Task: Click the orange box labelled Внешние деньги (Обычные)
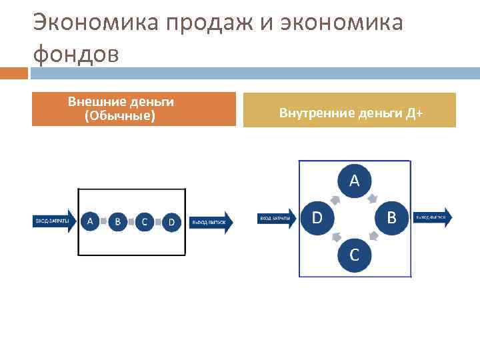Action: click(x=133, y=109)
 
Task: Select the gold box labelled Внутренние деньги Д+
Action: click(x=349, y=110)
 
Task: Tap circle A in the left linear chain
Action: click(x=91, y=221)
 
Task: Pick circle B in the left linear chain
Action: click(x=117, y=221)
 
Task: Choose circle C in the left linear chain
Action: click(x=145, y=221)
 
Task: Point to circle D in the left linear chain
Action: click(x=171, y=221)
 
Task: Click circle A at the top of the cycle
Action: click(x=354, y=180)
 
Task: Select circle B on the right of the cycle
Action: click(x=391, y=217)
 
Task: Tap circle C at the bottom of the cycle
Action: click(x=354, y=254)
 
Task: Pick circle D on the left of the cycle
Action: click(x=317, y=217)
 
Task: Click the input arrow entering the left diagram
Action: click(x=54, y=221)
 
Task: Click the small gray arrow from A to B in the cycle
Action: click(x=375, y=197)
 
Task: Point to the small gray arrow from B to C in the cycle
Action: click(x=374, y=237)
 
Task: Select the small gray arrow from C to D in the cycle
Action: click(x=335, y=237)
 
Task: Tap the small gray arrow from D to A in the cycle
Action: click(x=335, y=198)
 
